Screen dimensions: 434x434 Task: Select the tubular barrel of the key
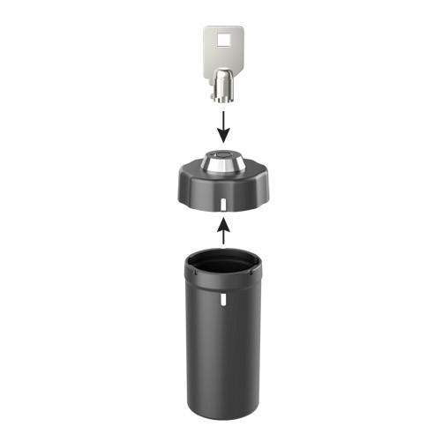point(224,84)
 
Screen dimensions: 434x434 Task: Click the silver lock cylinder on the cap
point(223,163)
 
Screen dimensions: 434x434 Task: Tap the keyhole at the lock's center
point(223,159)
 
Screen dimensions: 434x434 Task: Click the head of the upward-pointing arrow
point(224,224)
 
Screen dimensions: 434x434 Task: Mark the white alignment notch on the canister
point(224,298)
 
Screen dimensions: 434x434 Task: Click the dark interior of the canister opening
point(223,263)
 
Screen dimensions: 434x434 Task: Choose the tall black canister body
point(223,344)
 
